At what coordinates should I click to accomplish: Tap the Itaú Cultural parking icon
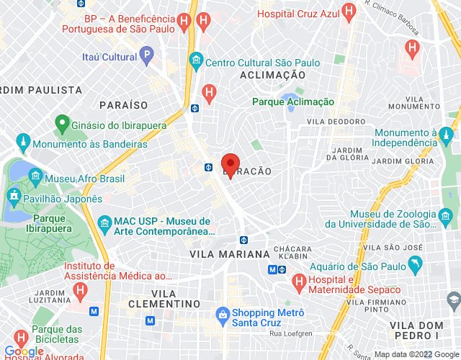click(146, 53)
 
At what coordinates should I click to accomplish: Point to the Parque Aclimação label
click(293, 102)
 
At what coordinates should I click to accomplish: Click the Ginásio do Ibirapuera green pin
click(61, 124)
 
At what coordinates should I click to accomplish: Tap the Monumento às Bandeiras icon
click(23, 140)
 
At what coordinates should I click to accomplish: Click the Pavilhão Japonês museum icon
click(13, 195)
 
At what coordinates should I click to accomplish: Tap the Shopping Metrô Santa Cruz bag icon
click(223, 315)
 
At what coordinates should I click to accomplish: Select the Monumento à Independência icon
click(447, 135)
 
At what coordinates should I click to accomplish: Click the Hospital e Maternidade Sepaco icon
click(297, 279)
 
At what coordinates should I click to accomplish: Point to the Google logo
click(24, 351)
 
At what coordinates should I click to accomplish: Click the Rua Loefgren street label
click(287, 333)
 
